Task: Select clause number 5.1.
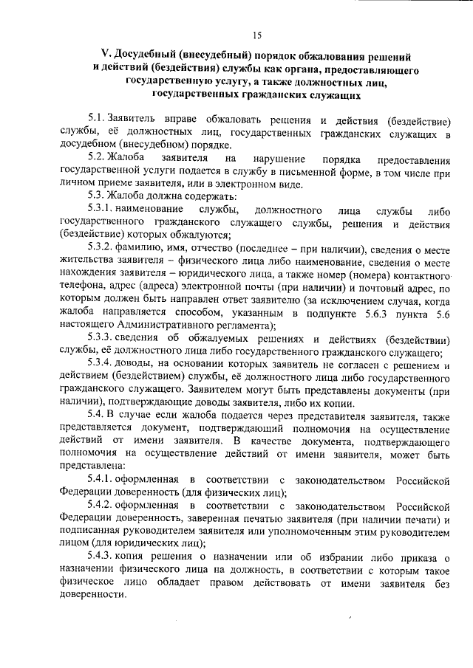97,120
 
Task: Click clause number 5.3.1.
103,210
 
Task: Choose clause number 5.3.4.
103,365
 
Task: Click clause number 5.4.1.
103,481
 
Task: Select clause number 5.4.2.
103,507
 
